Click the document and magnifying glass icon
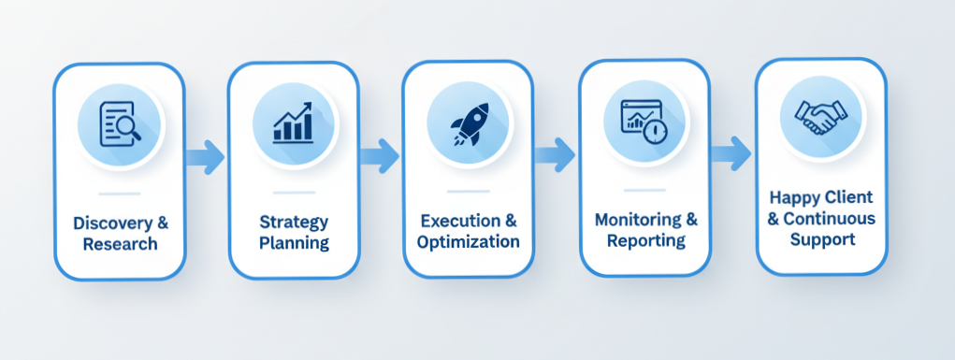tap(120, 123)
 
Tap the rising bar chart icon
tap(293, 123)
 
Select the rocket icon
tap(469, 123)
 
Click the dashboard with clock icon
tap(644, 122)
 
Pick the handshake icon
tap(820, 118)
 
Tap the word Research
tap(120, 244)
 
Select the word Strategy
tap(294, 223)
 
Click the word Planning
tap(295, 244)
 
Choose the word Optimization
tap(468, 241)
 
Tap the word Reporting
tap(646, 240)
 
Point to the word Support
tap(822, 239)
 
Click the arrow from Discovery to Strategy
tap(205, 157)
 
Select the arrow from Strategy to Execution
tap(380, 156)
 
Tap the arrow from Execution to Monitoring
tap(555, 154)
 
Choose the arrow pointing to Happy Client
tap(731, 153)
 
